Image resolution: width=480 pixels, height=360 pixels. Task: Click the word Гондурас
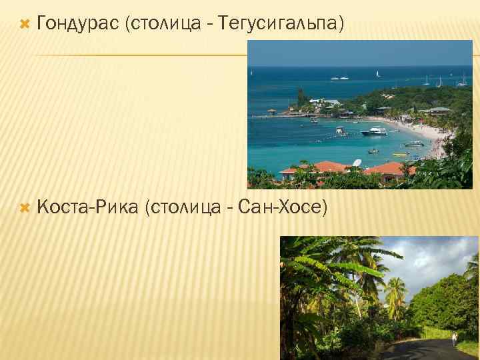click(78, 25)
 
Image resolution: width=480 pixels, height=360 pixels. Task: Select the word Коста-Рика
click(87, 207)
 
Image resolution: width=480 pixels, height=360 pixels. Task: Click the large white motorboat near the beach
click(375, 131)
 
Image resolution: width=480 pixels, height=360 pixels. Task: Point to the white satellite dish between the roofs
click(357, 163)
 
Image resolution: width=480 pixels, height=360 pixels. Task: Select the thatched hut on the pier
click(271, 111)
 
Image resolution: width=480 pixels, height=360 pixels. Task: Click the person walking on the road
click(455, 339)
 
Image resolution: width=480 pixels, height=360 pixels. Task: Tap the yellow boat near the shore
click(400, 154)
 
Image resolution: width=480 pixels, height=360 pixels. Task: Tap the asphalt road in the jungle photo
click(427, 350)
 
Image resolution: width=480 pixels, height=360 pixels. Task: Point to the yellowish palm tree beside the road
click(395, 293)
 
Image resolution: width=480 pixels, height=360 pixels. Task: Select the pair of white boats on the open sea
click(339, 77)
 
